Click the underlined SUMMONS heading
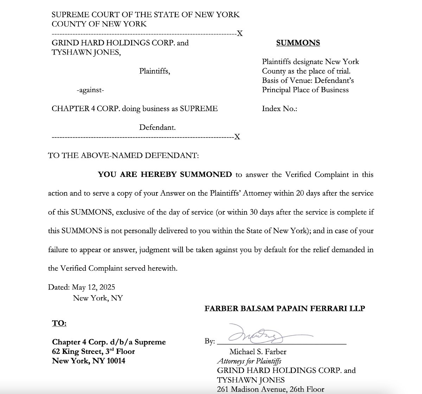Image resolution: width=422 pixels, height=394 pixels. (298, 43)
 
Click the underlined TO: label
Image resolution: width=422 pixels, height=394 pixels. (59, 323)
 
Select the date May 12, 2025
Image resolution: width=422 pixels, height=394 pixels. (94, 287)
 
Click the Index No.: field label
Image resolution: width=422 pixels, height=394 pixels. (280, 109)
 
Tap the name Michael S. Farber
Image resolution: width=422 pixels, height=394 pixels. (258, 352)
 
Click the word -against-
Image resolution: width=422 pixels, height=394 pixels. (90, 90)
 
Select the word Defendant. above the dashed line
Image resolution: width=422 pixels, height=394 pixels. (157, 127)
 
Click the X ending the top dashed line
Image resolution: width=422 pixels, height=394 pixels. (239, 34)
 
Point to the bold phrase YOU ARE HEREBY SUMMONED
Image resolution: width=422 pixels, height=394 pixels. (165, 174)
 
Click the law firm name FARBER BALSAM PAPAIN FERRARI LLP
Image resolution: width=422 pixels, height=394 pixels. (284, 309)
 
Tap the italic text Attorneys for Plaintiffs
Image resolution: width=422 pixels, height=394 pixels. (249, 361)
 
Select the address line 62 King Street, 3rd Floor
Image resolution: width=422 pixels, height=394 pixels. (94, 351)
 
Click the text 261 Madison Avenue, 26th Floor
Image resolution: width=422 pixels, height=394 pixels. (270, 389)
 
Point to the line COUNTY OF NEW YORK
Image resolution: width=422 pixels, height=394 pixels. (99, 24)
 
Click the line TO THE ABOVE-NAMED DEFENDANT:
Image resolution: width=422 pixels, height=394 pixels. (123, 155)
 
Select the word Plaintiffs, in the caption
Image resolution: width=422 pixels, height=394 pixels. (154, 71)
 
